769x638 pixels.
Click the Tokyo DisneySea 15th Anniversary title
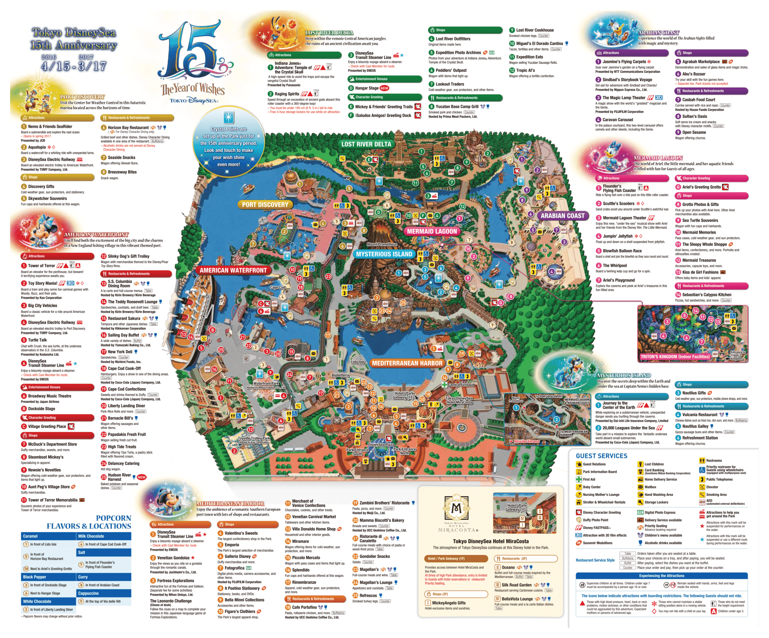click(x=74, y=39)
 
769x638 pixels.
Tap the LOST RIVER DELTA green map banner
click(x=366, y=144)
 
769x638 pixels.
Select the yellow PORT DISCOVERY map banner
click(x=265, y=205)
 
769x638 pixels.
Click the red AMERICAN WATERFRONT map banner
click(x=233, y=270)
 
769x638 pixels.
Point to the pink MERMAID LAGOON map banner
click(x=432, y=232)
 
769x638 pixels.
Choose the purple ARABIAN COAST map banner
click(x=562, y=216)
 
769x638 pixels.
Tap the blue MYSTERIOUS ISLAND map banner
click(x=384, y=254)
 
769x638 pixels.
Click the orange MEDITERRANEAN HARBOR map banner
click(x=407, y=363)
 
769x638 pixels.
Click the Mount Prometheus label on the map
click(x=381, y=244)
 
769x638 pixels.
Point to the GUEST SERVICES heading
click(x=601, y=456)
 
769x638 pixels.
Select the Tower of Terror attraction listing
click(x=41, y=266)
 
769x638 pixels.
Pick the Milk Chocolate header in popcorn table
click(x=91, y=536)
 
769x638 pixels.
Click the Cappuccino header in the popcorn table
click(x=88, y=593)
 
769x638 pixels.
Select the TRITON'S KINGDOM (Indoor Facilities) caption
click(x=675, y=357)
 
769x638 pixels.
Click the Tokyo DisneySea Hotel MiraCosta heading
click(x=490, y=541)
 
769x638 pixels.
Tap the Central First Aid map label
click(x=461, y=385)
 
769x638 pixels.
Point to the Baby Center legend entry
click(x=591, y=487)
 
